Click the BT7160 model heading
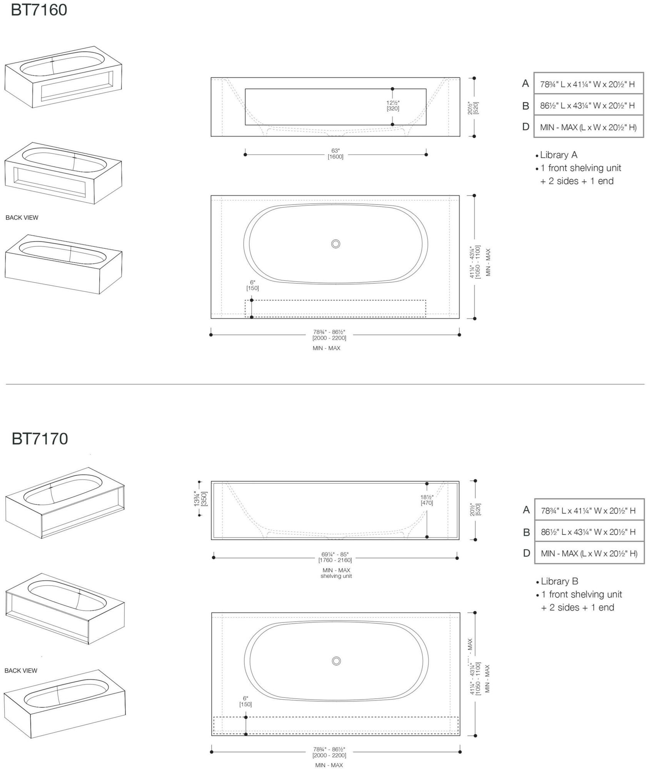[39, 10]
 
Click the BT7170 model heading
[40, 438]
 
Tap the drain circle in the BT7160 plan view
[335, 244]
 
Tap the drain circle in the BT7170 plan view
[336, 661]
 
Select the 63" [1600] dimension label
[335, 153]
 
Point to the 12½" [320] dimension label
[393, 105]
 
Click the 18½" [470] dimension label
[427, 500]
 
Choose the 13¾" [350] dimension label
[200, 498]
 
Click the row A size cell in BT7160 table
[588, 84]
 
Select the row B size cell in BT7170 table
[589, 532]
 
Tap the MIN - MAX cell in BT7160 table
[588, 127]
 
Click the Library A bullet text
[558, 155]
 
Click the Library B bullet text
[559, 581]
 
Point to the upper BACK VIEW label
[22, 218]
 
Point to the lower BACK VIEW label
[21, 670]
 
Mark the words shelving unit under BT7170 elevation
[336, 576]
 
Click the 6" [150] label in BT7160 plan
[252, 285]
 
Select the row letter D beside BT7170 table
[527, 553]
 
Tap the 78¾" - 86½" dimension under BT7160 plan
[329, 335]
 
